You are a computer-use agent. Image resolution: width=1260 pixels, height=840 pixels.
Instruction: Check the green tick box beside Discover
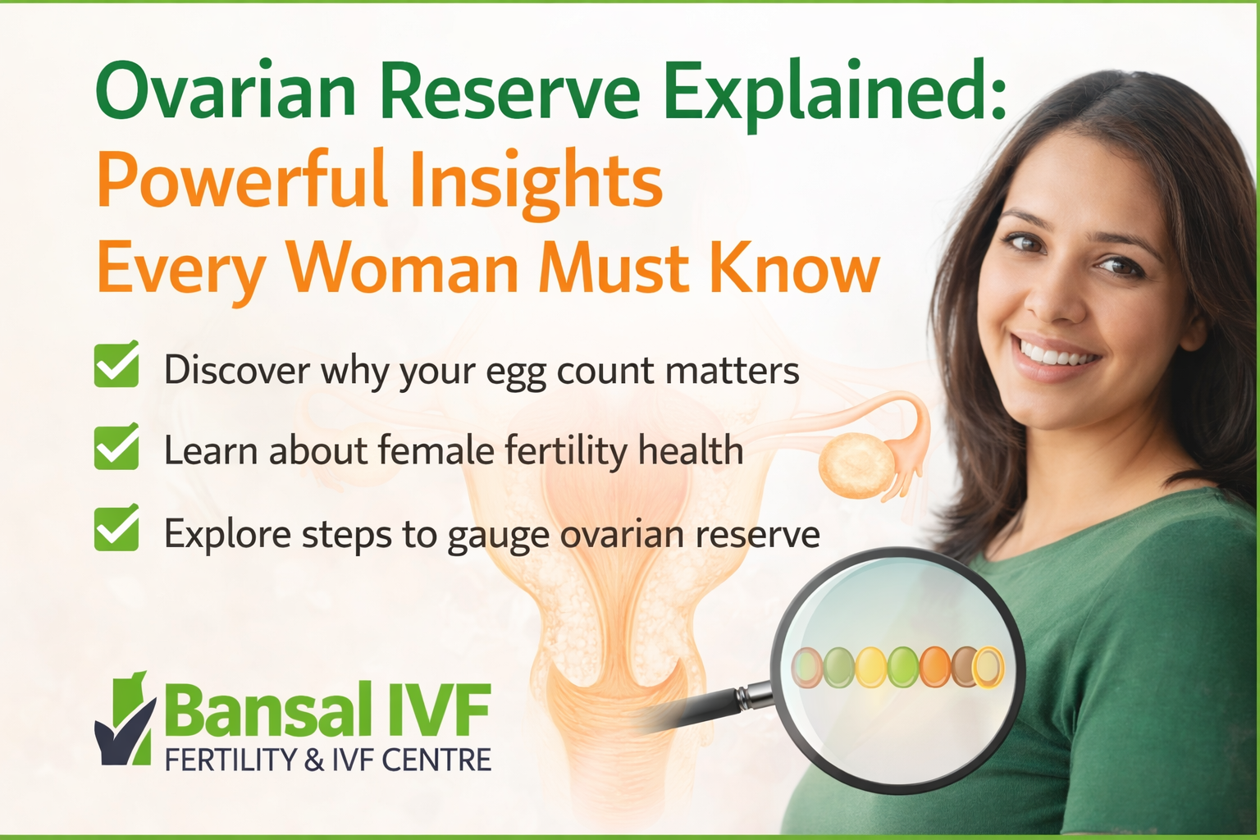tap(116, 366)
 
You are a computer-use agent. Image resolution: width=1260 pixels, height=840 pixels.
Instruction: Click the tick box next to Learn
tap(116, 448)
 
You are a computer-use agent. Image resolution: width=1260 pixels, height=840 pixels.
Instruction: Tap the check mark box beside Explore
tap(116, 530)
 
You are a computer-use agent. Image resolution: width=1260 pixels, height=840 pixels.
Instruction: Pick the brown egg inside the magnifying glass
tap(965, 666)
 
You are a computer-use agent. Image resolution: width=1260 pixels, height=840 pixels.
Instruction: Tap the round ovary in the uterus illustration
tap(856, 467)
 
